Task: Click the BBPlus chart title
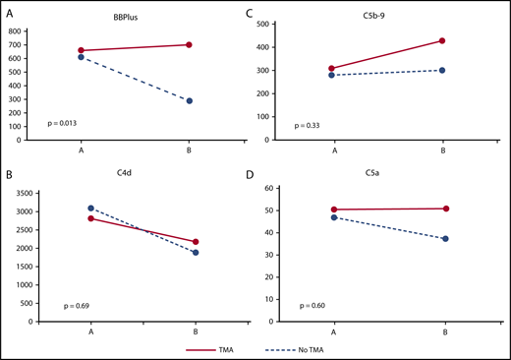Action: click(150, 18)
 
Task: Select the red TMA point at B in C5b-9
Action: click(442, 41)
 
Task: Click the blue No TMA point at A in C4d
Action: click(90, 209)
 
